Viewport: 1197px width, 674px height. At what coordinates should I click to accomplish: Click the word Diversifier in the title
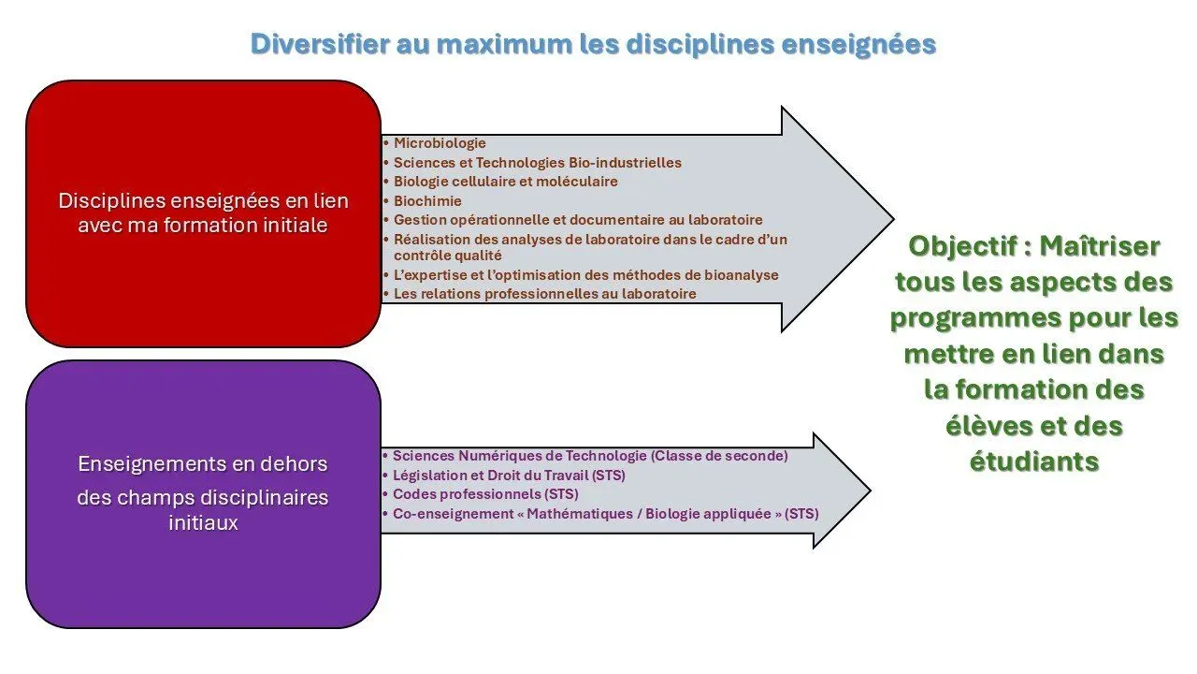point(320,44)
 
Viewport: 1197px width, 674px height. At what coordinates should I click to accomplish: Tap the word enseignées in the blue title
point(858,45)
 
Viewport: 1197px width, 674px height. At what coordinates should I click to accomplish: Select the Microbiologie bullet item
point(440,143)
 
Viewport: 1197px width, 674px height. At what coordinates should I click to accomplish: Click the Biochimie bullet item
point(427,201)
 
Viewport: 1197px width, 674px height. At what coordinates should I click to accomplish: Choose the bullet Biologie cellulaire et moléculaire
point(506,182)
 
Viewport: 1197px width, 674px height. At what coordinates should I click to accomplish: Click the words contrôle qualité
point(447,256)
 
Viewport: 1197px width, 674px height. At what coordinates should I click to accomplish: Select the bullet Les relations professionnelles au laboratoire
point(544,294)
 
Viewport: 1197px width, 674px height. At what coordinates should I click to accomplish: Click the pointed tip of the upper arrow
point(893,218)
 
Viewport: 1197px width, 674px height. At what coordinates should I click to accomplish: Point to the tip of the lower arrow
point(870,491)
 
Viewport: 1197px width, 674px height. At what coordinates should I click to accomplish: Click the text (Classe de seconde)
point(719,456)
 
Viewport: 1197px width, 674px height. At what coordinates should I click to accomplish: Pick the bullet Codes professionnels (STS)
point(485,494)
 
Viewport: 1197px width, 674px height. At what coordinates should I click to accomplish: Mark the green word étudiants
point(1033,462)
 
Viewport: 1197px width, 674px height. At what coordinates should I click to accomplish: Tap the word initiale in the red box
point(298,226)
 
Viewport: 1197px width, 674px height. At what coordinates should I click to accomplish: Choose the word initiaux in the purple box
point(203,522)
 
